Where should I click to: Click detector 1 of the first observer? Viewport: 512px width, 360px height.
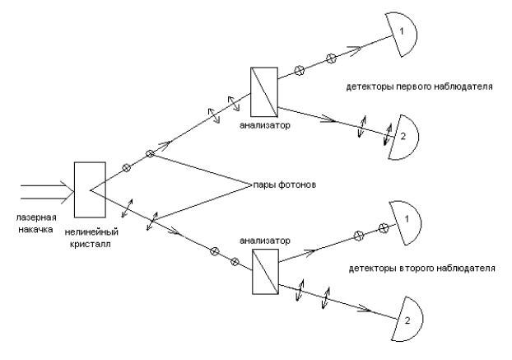[406, 35]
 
